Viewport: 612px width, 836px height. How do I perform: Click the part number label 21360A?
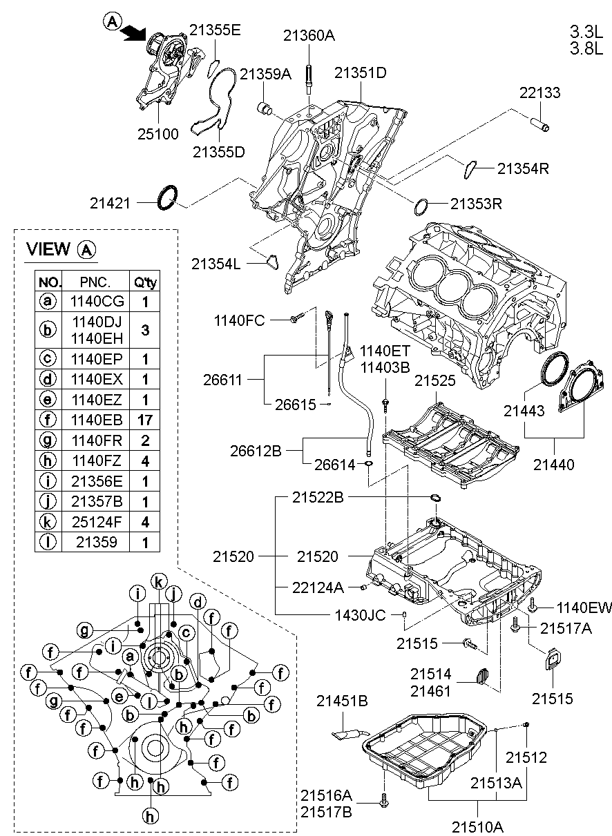[308, 36]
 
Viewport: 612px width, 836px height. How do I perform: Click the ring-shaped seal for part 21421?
[166, 197]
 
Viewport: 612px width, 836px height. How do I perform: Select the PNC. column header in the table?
[95, 282]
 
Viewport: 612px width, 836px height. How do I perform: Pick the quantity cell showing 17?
[145, 420]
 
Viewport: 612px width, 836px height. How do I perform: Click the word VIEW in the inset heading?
[48, 249]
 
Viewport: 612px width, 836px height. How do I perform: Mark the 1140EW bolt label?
[584, 607]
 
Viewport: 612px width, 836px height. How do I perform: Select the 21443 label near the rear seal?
[524, 411]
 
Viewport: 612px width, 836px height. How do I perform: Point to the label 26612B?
[256, 451]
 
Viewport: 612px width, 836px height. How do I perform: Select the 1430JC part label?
[361, 614]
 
